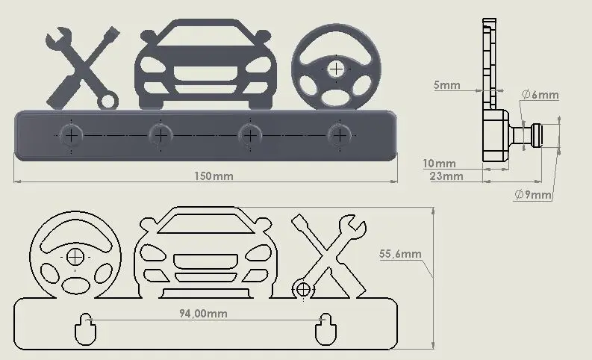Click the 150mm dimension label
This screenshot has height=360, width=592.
tap(214, 176)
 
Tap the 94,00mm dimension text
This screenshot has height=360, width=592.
tap(203, 314)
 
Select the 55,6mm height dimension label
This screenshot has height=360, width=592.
tap(400, 254)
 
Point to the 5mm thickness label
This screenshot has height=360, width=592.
tap(447, 85)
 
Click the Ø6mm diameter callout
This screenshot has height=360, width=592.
tap(540, 94)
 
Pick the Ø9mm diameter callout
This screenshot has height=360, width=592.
tap(533, 195)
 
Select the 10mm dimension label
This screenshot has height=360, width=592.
tap(439, 164)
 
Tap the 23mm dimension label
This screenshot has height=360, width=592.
tap(446, 176)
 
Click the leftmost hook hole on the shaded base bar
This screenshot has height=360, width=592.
tap(72, 135)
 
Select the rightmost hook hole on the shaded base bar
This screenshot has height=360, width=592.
tap(340, 135)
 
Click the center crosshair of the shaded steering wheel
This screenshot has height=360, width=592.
tap(336, 69)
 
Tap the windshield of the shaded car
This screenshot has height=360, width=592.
tap(205, 37)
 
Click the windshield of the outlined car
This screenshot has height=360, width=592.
tap(205, 223)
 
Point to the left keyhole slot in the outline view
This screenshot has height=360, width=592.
tap(86, 329)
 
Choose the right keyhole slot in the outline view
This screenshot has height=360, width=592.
tap(325, 329)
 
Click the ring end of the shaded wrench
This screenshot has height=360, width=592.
tap(108, 101)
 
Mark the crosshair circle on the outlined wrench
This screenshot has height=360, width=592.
tap(303, 290)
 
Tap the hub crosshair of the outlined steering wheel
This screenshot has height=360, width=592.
tap(75, 257)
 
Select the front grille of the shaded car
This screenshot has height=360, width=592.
tap(206, 74)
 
